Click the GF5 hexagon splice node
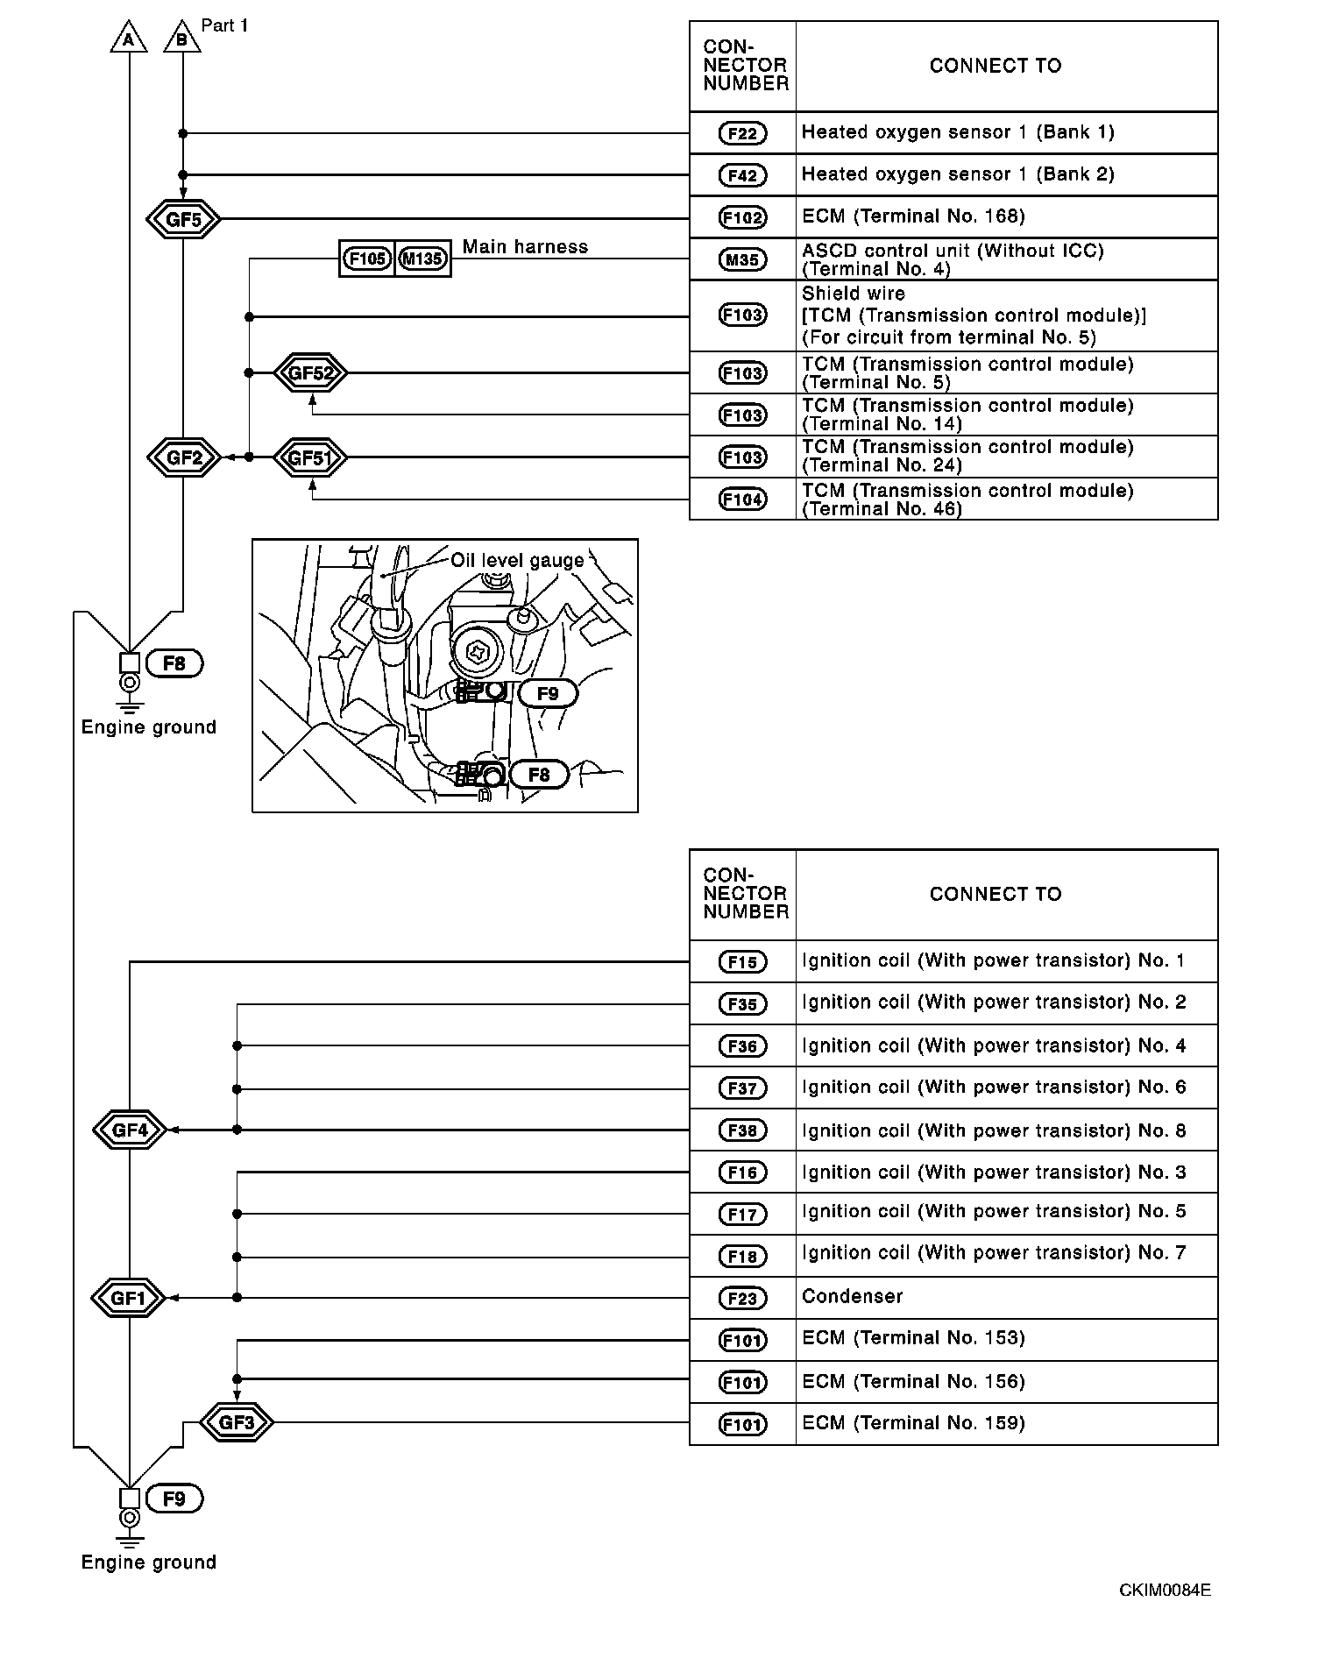(x=183, y=219)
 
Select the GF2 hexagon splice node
(x=183, y=457)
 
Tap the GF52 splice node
(x=310, y=373)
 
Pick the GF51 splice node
(x=310, y=457)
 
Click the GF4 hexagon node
(x=130, y=1130)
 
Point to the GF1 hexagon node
(x=129, y=1298)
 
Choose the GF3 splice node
(x=237, y=1422)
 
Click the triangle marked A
(x=129, y=39)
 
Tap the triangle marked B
(x=182, y=39)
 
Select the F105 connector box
(x=367, y=259)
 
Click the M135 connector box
(x=423, y=259)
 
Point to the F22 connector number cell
(x=742, y=133)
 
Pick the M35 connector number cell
(x=742, y=259)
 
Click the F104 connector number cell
(x=742, y=500)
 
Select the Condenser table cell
(x=1006, y=1297)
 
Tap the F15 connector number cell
(x=742, y=962)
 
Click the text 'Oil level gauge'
(x=517, y=561)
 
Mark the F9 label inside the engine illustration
(x=548, y=693)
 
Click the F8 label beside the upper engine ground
(x=174, y=663)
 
